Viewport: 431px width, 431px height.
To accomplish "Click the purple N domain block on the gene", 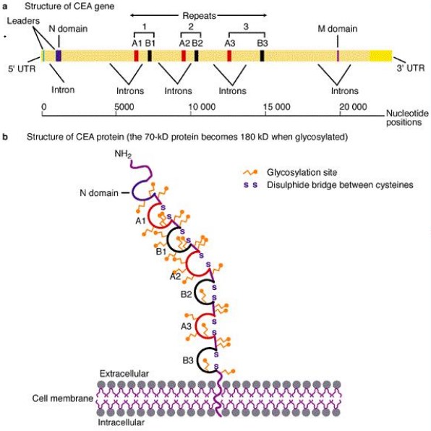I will coord(59,55).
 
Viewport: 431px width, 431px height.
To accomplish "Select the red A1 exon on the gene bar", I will coord(136,55).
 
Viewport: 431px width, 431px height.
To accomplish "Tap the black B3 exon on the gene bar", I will coord(262,55).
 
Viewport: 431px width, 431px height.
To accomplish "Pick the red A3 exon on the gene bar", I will coord(229,55).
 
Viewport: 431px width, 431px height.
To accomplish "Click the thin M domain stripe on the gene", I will coord(338,55).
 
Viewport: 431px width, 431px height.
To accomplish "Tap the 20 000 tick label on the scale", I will coord(354,107).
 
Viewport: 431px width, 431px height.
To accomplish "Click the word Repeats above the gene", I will coord(197,14).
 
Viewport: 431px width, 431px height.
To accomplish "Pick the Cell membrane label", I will coord(62,398).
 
